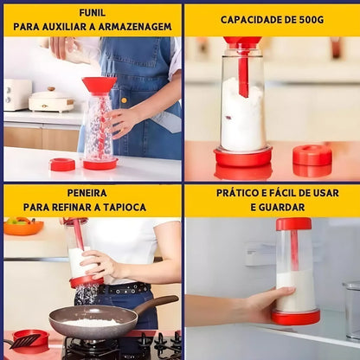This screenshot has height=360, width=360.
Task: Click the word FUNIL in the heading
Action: tap(93, 12)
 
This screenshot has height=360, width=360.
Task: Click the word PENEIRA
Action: tap(93, 193)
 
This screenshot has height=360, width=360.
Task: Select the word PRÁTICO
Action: tap(238, 193)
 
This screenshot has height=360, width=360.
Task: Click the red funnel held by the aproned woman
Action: tap(99, 85)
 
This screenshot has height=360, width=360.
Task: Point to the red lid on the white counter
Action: tap(62, 164)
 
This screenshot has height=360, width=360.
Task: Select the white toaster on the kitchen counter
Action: tap(16, 94)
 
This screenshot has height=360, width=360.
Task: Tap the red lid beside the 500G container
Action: tap(312, 156)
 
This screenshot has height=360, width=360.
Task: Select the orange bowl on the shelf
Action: tap(23, 227)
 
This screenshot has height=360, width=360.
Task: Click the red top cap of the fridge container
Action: tap(293, 224)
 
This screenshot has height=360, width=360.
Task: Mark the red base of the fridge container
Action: tap(295, 318)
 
